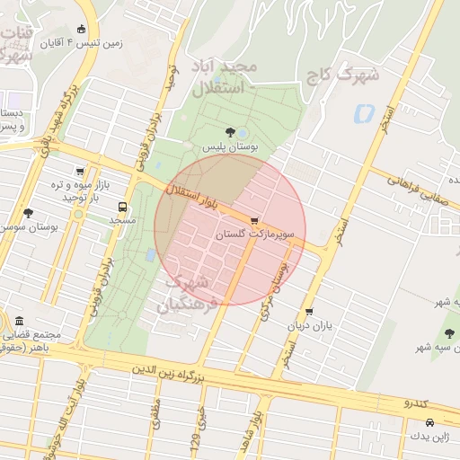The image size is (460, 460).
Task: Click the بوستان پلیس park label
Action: [x=229, y=146]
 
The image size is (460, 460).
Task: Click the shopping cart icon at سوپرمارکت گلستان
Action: [x=254, y=221]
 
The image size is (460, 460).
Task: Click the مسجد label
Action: [x=121, y=219]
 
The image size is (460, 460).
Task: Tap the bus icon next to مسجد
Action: [x=122, y=207]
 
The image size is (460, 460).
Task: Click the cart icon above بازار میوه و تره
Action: [x=80, y=172]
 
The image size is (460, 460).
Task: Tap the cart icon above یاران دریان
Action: [x=309, y=312]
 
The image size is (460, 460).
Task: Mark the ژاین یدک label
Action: [x=427, y=436]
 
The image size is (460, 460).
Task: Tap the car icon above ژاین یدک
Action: [x=429, y=422]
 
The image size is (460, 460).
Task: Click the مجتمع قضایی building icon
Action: [x=19, y=322]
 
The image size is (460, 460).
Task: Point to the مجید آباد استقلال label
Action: [x=225, y=78]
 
